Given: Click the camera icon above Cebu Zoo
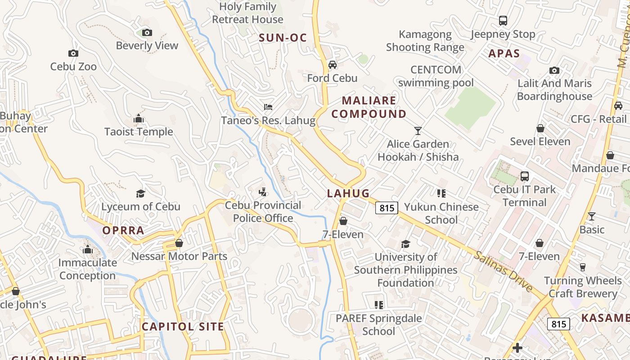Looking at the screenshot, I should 73,53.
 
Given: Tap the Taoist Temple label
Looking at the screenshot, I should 139,132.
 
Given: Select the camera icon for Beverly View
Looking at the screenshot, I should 147,32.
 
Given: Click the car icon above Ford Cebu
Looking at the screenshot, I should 333,65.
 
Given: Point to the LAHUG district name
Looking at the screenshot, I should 348,193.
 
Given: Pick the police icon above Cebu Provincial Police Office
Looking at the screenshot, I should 263,193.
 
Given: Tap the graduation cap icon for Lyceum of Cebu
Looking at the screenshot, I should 141,193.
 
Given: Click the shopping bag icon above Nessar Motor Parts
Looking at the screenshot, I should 179,243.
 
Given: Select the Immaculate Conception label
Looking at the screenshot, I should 88,269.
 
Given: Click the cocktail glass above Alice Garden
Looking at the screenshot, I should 418,131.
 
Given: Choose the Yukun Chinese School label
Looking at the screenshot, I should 441,213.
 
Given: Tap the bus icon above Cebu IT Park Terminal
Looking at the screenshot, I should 525,176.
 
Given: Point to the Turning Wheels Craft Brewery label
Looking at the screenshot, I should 583,287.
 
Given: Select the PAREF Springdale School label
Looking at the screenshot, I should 379,324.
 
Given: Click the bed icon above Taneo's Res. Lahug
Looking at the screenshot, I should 268,107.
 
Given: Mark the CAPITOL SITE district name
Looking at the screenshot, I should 183,327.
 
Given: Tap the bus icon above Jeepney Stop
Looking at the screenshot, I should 503,21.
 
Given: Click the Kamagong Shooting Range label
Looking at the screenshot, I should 425,41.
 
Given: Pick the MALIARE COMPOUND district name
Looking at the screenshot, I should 369,107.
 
